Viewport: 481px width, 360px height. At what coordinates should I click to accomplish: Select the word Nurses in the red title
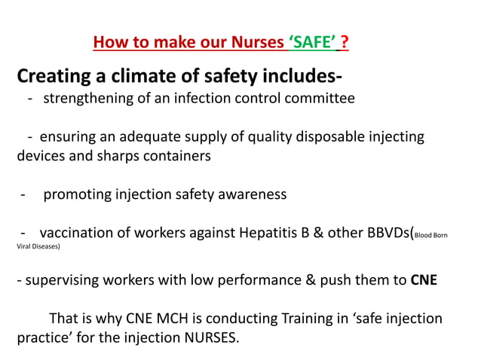(254, 42)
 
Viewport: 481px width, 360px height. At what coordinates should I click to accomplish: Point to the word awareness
(247, 194)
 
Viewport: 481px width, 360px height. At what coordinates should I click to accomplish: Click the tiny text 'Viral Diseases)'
(38, 246)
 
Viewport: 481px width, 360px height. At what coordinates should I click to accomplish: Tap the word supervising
(63, 280)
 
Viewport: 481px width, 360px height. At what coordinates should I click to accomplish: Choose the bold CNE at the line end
(424, 280)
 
